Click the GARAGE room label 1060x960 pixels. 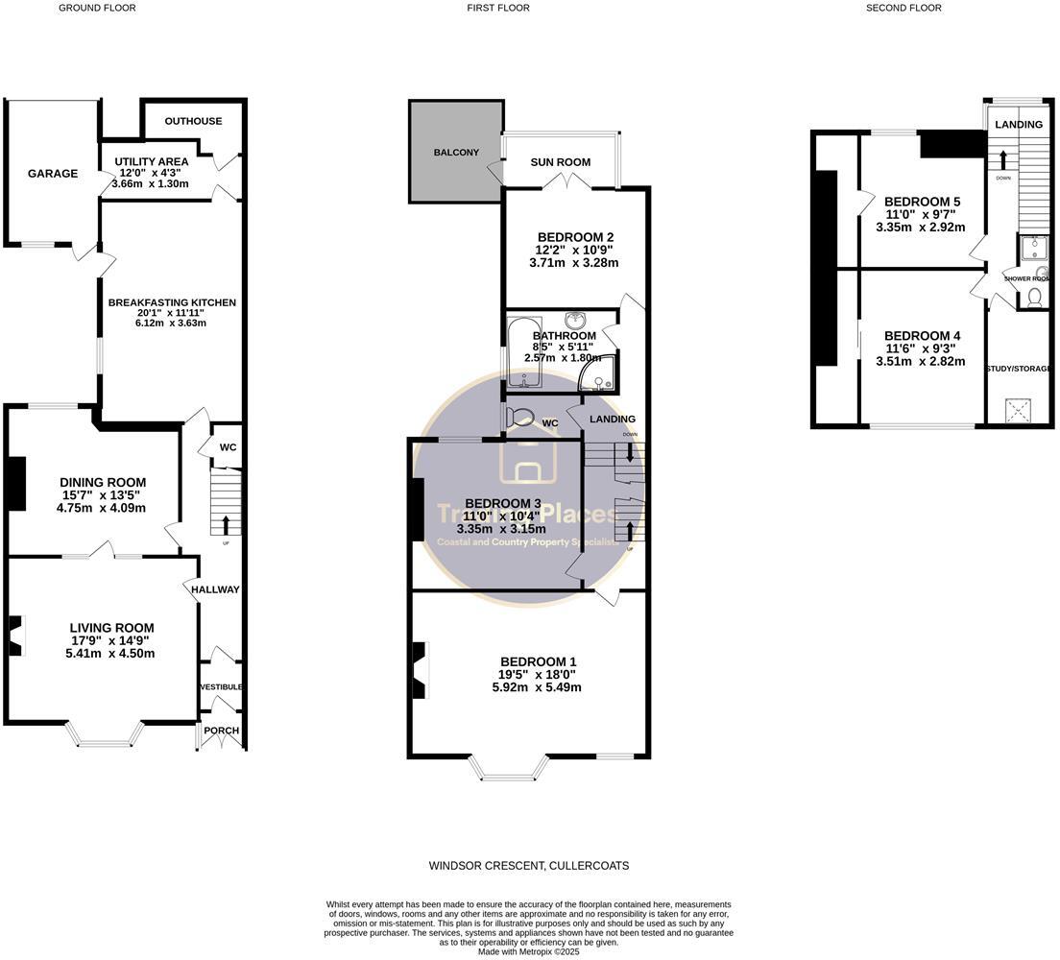[53, 174]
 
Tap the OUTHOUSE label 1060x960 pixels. [193, 121]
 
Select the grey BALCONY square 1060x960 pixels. [456, 152]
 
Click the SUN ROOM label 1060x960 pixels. [561, 162]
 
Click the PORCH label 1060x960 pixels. [221, 731]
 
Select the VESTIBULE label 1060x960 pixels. [221, 687]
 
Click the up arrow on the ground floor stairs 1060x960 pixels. [227, 524]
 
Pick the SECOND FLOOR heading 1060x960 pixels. [903, 8]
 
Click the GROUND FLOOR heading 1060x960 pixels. [97, 8]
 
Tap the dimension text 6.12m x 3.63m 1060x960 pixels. [172, 323]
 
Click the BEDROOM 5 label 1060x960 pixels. [922, 202]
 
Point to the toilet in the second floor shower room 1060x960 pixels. [1034, 299]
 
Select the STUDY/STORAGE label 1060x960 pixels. [1020, 368]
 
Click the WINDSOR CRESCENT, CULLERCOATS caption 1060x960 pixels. [529, 866]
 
